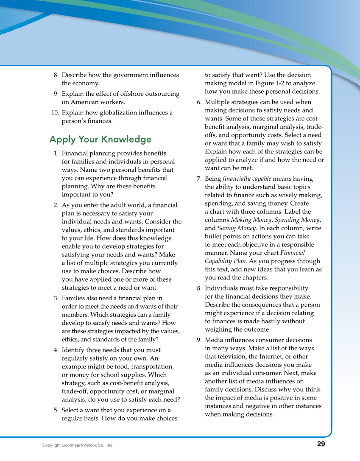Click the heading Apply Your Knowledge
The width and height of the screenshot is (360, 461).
(100, 140)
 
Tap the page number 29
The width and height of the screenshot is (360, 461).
(321, 444)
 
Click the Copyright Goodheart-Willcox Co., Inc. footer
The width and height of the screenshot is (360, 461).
(78, 445)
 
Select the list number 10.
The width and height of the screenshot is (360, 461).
(55, 113)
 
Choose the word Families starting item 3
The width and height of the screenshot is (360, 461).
(75, 298)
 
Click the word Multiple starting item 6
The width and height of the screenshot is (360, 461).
(217, 102)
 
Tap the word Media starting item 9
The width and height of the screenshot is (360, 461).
(214, 340)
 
